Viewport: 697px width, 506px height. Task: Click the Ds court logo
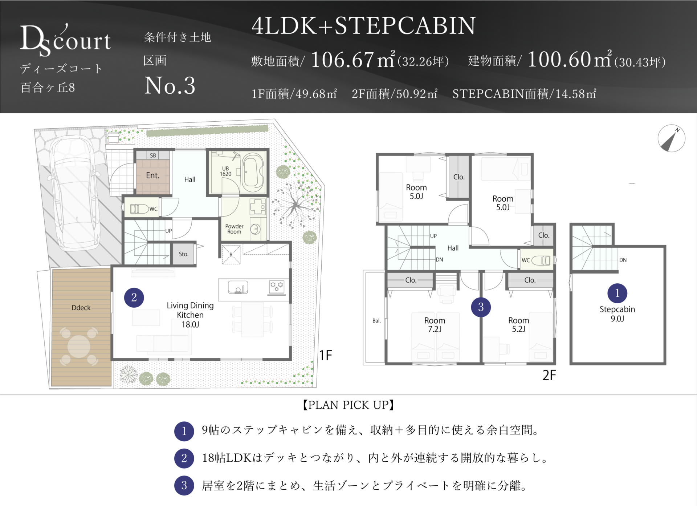[65, 40]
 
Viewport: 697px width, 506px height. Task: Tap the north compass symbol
[671, 138]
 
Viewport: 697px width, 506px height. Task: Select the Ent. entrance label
[153, 175]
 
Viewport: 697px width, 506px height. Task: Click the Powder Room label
[234, 229]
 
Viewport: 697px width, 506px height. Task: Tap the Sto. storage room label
[184, 254]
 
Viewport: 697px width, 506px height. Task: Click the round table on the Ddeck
[79, 346]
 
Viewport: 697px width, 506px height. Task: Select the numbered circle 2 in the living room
[134, 297]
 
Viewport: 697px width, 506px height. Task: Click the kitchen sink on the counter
[238, 287]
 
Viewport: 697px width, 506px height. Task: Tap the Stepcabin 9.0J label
[617, 314]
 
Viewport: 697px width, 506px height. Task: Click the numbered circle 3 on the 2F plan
[481, 307]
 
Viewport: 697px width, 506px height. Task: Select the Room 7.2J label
[435, 325]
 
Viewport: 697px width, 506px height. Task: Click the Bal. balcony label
[376, 321]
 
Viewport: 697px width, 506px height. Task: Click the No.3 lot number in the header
[170, 86]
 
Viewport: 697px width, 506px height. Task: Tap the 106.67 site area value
[342, 60]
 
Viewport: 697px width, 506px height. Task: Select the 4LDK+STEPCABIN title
[363, 25]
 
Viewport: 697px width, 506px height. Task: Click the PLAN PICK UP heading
[348, 405]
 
